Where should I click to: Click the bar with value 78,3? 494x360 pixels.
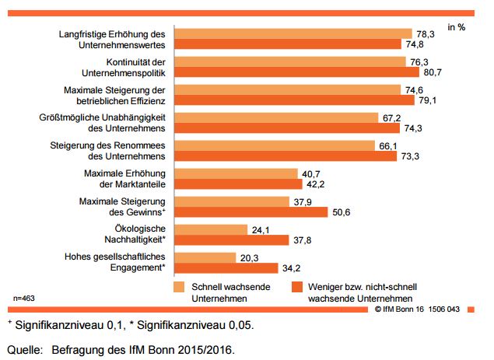293,34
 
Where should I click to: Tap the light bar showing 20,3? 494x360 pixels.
205,257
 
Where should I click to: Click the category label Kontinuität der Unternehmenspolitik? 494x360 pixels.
137,66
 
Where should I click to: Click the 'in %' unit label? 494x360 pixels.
457,26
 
